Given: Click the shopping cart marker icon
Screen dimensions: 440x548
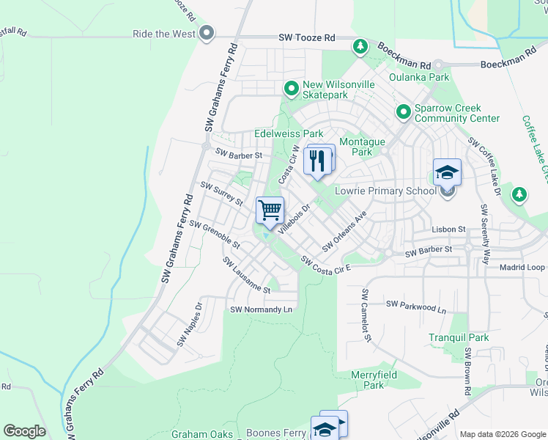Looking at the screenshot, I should [x=270, y=210].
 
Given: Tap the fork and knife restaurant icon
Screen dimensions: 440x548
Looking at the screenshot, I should [x=317, y=161].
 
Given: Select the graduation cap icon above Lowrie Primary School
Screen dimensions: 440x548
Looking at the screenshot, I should [x=447, y=173].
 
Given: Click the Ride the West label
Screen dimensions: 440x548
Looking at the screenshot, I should [x=164, y=34].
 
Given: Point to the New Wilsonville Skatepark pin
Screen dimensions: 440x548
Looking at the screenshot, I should [x=292, y=89].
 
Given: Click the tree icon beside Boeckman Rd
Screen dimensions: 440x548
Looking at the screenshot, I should [x=360, y=47].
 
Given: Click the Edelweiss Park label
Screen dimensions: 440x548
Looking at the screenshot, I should [x=288, y=134].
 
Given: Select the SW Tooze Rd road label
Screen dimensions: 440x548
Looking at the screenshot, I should [x=307, y=37].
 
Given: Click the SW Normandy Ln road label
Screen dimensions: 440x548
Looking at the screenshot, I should [x=261, y=310].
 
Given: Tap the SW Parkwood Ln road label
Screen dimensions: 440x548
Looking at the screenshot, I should [x=415, y=306].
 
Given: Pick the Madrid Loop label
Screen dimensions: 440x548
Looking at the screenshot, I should [x=522, y=268].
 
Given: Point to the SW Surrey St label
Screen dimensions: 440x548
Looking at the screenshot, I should [x=221, y=197].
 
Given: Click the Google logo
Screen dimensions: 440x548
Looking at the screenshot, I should [x=24, y=431].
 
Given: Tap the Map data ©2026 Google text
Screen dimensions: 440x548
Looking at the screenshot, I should [x=502, y=434].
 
